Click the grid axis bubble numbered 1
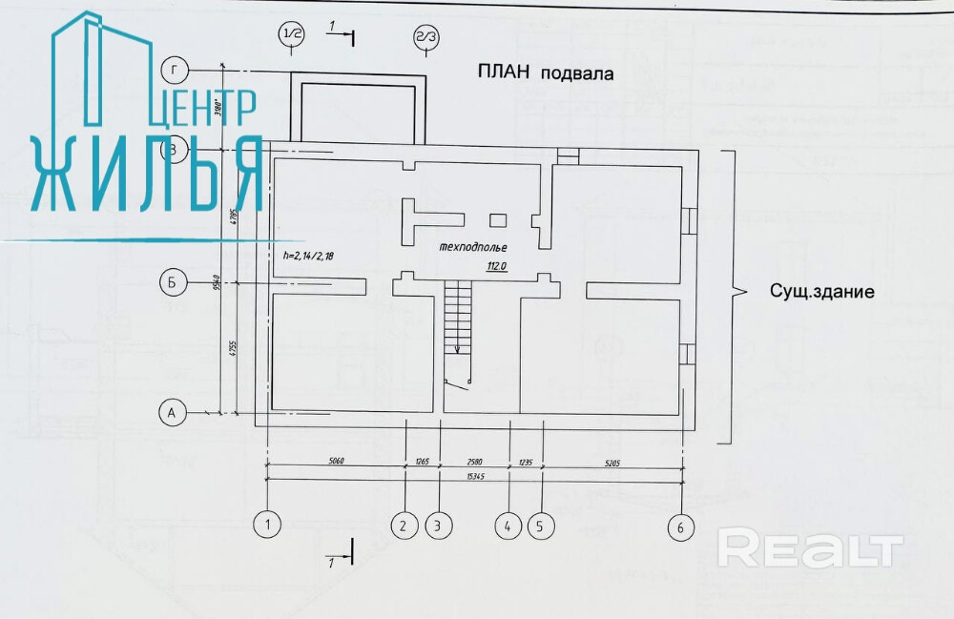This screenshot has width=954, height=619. [x=269, y=524]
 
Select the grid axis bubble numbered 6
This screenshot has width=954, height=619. [x=680, y=528]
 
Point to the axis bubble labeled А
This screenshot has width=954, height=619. [x=172, y=412]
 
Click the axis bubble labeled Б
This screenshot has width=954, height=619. [x=172, y=283]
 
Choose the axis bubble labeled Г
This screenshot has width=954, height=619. [x=174, y=70]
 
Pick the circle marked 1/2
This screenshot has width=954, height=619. [x=291, y=35]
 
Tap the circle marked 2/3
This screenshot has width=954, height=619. [x=425, y=37]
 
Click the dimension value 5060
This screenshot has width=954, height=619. [x=337, y=460]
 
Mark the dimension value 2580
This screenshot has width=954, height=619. [x=474, y=460]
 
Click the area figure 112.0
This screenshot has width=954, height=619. [x=495, y=267]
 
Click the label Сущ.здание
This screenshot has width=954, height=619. [x=821, y=292]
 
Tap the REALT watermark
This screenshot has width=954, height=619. [x=809, y=550]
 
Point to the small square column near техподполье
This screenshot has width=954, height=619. [x=497, y=220]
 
